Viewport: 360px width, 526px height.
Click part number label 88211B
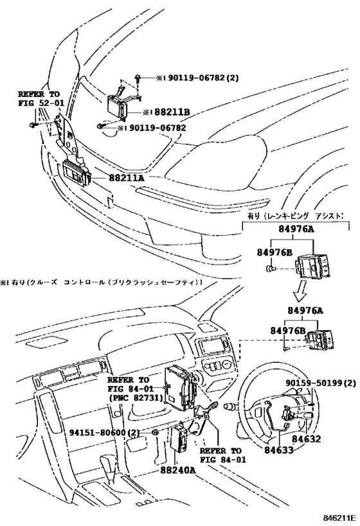[x=172, y=112]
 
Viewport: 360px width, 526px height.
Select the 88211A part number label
[x=126, y=177]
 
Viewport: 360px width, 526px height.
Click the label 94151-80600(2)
[x=104, y=433]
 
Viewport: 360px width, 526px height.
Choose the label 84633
[x=278, y=450]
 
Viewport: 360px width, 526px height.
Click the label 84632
[x=306, y=439]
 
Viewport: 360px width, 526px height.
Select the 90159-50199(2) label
[x=321, y=383]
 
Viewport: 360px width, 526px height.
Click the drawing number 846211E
[x=339, y=516]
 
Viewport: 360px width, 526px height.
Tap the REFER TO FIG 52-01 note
[x=40, y=99]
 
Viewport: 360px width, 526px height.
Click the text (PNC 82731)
[x=135, y=398]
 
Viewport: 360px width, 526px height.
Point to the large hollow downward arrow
[x=300, y=291]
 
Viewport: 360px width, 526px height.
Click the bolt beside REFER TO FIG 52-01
[x=32, y=125]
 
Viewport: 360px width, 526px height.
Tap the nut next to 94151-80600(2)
[x=155, y=432]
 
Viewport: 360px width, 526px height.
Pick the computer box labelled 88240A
[x=181, y=439]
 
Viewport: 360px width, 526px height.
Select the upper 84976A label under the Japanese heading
[x=296, y=229]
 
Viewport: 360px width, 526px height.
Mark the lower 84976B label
[x=288, y=331]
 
